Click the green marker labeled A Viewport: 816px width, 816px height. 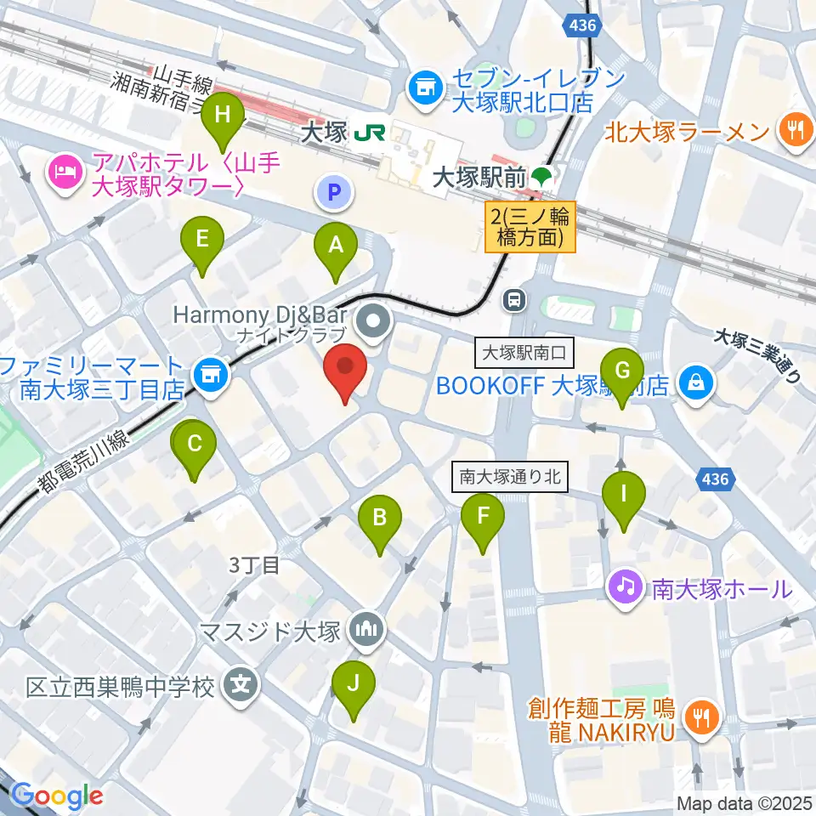pos(336,246)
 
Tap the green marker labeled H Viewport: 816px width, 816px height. pos(223,116)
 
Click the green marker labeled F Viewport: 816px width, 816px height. pos(483,516)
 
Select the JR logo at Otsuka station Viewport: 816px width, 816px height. pos(371,133)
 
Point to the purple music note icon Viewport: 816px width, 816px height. pos(626,586)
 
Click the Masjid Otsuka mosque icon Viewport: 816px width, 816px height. pos(371,630)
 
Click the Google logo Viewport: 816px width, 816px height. pos(57,796)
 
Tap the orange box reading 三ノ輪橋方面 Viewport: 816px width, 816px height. pos(531,226)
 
